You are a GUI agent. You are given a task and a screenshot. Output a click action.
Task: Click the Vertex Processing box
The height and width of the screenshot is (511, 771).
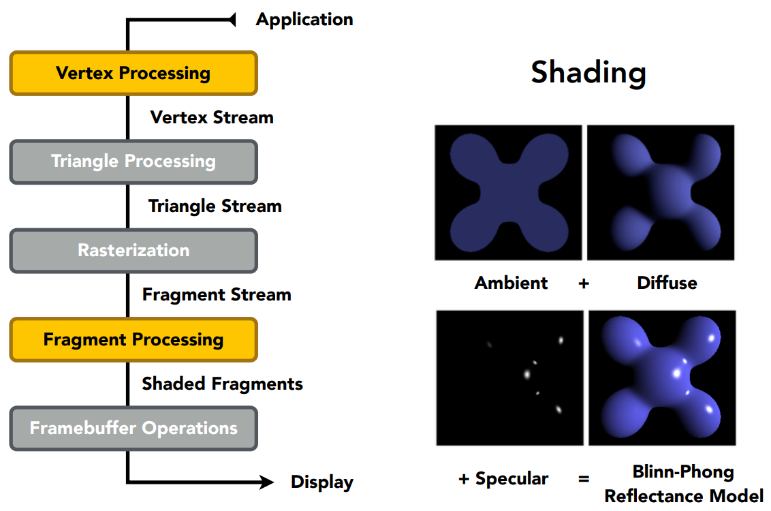133,73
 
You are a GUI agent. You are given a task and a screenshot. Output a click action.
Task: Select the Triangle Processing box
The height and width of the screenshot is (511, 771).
133,161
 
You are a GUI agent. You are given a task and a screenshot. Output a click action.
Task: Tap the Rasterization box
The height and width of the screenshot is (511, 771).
133,250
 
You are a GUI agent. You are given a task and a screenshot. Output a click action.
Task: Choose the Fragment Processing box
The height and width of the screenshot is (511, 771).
133,339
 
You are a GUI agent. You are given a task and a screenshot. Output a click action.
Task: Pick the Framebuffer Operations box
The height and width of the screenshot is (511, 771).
133,428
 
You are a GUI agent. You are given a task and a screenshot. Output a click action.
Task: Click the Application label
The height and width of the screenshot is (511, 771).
304,19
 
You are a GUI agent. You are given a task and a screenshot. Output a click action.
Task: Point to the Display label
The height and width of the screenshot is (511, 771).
322,482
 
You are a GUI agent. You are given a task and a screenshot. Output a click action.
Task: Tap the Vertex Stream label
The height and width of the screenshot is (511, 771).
212,117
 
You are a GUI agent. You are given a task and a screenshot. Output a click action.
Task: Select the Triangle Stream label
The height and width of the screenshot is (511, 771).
215,206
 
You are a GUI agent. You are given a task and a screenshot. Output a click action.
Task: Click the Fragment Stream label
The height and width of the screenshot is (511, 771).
217,294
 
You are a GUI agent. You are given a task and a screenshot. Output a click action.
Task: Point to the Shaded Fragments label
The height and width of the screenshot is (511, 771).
222,384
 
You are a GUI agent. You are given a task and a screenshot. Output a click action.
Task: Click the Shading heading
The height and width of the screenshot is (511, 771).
588,72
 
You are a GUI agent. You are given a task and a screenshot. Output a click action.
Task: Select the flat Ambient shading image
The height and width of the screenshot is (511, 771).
508,192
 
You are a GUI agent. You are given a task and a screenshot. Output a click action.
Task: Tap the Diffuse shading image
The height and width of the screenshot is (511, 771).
661,192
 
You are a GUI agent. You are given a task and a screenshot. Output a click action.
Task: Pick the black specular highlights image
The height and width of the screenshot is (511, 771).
509,377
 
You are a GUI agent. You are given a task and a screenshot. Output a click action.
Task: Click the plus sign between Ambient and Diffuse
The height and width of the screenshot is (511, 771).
584,283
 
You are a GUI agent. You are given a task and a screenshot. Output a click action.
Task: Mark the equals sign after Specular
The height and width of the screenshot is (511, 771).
584,479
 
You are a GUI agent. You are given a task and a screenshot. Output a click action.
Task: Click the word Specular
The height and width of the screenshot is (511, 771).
512,479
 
